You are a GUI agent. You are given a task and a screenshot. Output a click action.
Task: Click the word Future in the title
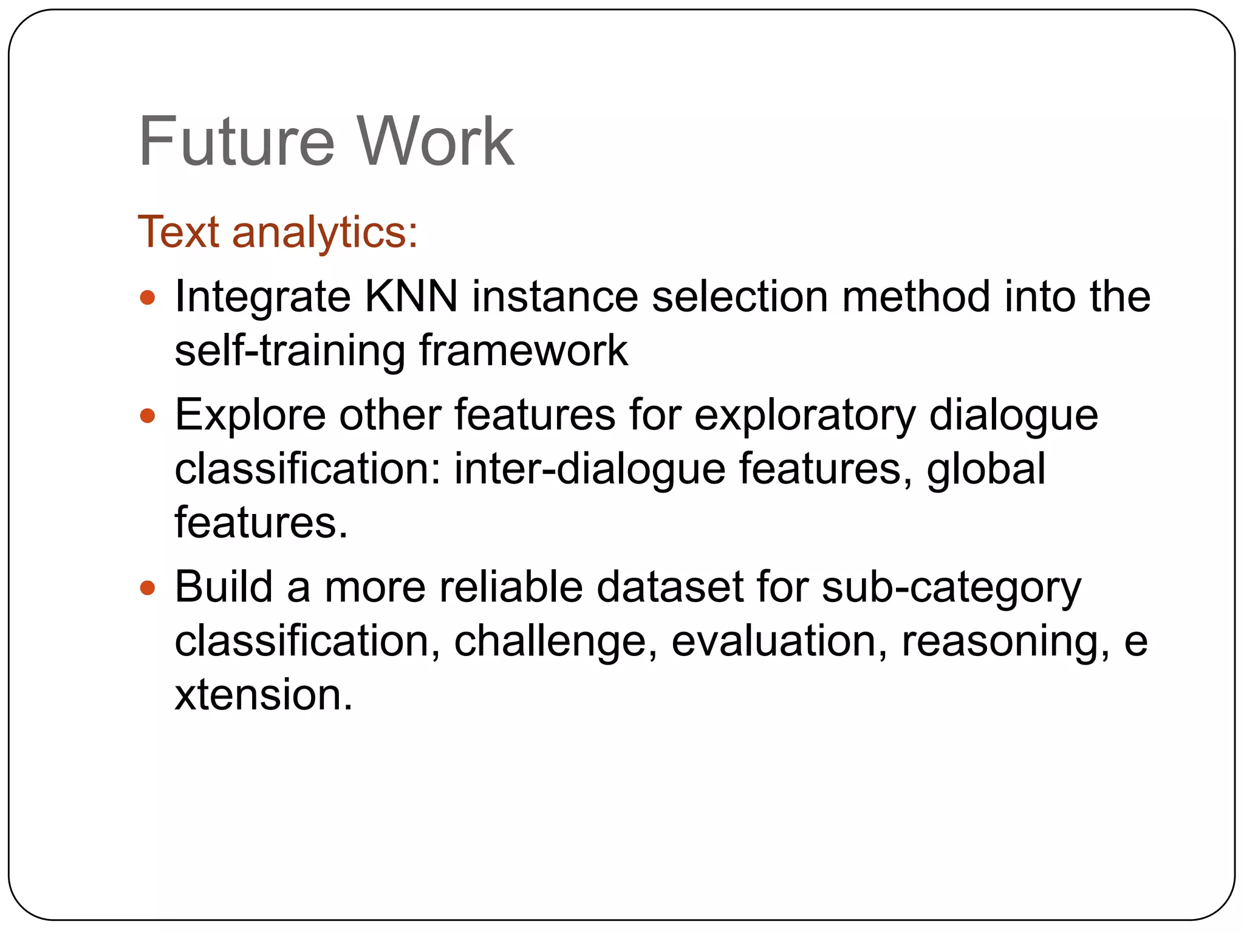point(236,142)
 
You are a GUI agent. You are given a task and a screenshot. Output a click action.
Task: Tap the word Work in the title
point(435,142)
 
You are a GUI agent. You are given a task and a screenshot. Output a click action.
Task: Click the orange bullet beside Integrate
point(148,298)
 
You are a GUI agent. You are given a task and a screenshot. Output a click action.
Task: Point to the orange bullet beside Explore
point(148,416)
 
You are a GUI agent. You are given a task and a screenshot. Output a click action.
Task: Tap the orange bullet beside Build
point(148,588)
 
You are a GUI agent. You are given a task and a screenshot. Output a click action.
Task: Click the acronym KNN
point(411,297)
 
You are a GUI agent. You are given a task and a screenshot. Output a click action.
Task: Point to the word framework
point(524,351)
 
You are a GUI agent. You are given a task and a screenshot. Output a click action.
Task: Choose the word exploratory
point(805,416)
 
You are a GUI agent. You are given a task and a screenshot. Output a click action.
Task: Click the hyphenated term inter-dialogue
point(590,470)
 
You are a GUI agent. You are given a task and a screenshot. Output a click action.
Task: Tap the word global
point(986,470)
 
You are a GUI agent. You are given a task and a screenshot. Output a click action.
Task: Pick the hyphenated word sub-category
point(951,589)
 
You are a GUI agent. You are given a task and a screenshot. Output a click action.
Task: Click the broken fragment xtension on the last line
point(263,695)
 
